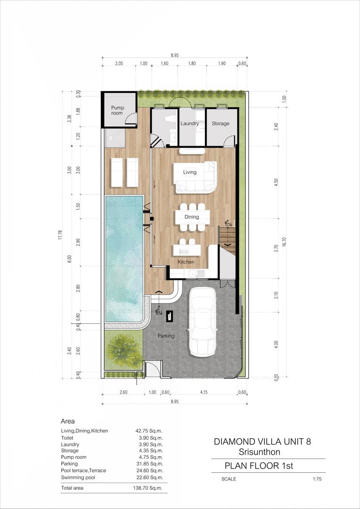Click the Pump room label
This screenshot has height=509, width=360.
[117, 110]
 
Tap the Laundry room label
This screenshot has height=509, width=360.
[189, 123]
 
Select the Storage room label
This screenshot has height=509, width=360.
[221, 123]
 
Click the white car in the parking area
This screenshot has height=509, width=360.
[202, 323]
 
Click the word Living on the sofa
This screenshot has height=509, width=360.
[189, 172]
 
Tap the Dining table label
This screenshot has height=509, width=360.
[192, 217]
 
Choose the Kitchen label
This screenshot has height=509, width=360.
[186, 262]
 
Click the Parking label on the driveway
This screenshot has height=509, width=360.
[166, 336]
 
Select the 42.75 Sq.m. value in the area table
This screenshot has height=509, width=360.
[149, 431]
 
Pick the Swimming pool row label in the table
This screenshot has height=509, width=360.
[79, 477]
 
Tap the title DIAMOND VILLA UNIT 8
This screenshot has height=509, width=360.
[262, 442]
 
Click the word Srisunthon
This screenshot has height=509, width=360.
[259, 452]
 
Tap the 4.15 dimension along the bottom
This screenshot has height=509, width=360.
[204, 392]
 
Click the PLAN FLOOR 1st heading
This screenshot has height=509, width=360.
[259, 466]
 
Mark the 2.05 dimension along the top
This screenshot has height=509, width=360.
[119, 64]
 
